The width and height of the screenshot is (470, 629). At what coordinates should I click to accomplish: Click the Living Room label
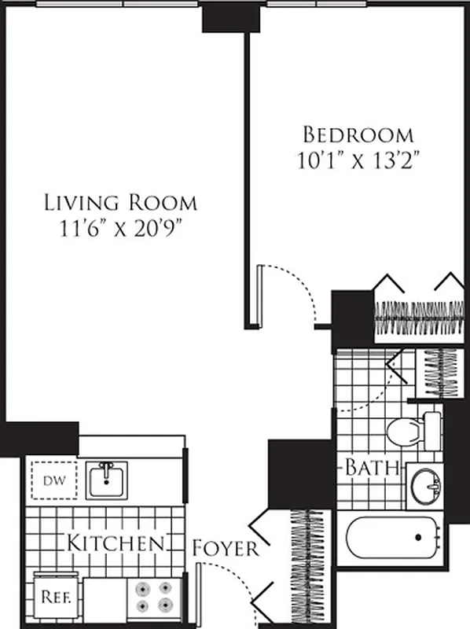[119, 202]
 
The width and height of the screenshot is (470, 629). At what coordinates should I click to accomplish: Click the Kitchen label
[115, 543]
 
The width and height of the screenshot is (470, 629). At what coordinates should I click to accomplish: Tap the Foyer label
[226, 548]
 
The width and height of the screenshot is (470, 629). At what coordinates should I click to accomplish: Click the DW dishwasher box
[53, 479]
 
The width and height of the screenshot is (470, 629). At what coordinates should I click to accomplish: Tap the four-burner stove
[154, 597]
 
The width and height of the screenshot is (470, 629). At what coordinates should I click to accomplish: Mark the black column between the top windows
[230, 17]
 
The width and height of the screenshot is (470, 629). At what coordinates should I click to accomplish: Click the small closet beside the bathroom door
[441, 370]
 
